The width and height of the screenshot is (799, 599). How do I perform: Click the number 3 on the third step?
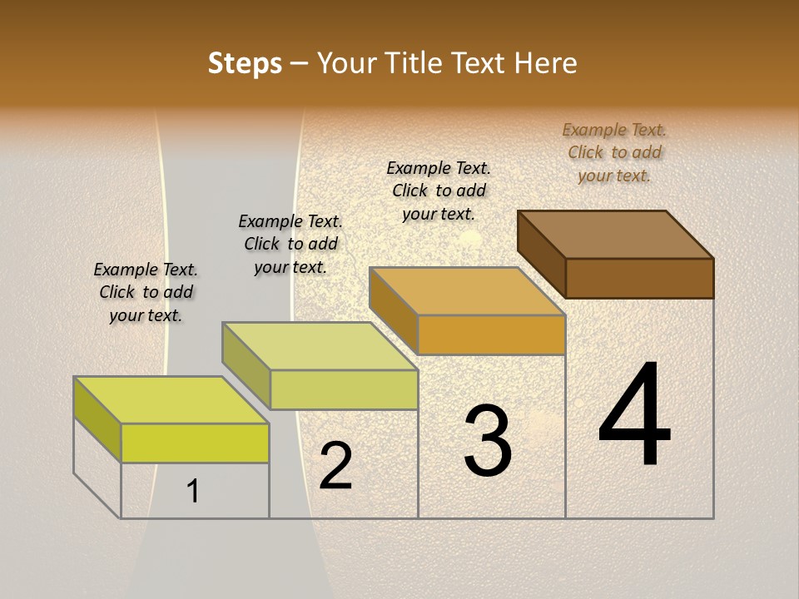click(488, 441)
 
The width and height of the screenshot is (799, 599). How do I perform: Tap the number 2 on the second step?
click(336, 466)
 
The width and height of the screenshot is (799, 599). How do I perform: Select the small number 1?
click(193, 491)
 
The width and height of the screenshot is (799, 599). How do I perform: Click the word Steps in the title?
click(245, 63)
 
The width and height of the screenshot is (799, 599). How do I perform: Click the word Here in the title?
click(547, 63)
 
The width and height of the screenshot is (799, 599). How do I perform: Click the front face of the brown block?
click(639, 278)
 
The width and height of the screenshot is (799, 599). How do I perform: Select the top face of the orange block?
click(468, 291)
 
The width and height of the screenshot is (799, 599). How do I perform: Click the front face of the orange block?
click(491, 334)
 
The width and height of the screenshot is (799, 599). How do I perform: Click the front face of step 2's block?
click(344, 389)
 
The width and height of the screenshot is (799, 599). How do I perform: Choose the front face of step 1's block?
click(195, 443)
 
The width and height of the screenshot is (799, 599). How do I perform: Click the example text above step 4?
click(614, 152)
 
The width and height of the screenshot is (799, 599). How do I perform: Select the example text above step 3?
click(439, 191)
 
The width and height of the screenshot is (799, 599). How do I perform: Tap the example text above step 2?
click(290, 244)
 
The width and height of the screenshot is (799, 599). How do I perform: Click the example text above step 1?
click(146, 292)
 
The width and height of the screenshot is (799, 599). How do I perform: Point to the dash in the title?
click(300, 64)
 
